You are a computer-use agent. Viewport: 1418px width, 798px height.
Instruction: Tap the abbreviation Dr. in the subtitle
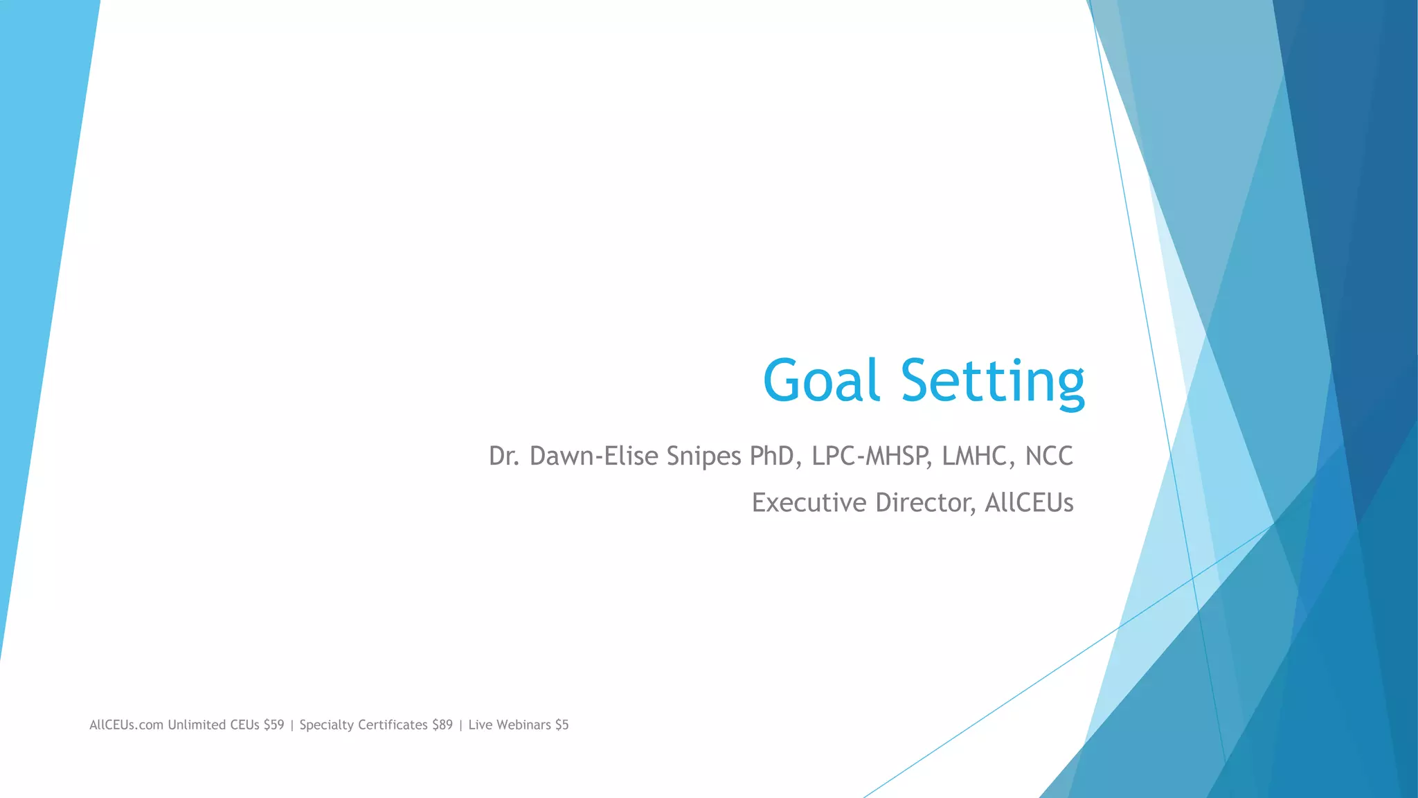pos(504,456)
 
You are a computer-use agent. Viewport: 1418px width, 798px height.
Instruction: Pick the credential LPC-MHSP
pos(870,456)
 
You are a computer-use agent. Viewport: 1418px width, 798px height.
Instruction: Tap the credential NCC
pos(1049,456)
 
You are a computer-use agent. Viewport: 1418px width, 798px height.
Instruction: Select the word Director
pos(925,503)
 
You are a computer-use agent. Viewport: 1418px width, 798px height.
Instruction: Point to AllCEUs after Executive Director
pos(1029,503)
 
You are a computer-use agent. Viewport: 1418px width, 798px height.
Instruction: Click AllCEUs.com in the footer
pos(126,725)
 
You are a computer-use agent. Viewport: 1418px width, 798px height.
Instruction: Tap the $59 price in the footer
pos(273,725)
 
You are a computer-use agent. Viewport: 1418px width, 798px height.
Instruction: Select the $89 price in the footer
pos(442,725)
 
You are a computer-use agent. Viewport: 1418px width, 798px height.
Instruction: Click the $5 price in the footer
pos(562,725)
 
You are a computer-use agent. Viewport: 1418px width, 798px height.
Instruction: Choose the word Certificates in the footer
pos(393,725)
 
